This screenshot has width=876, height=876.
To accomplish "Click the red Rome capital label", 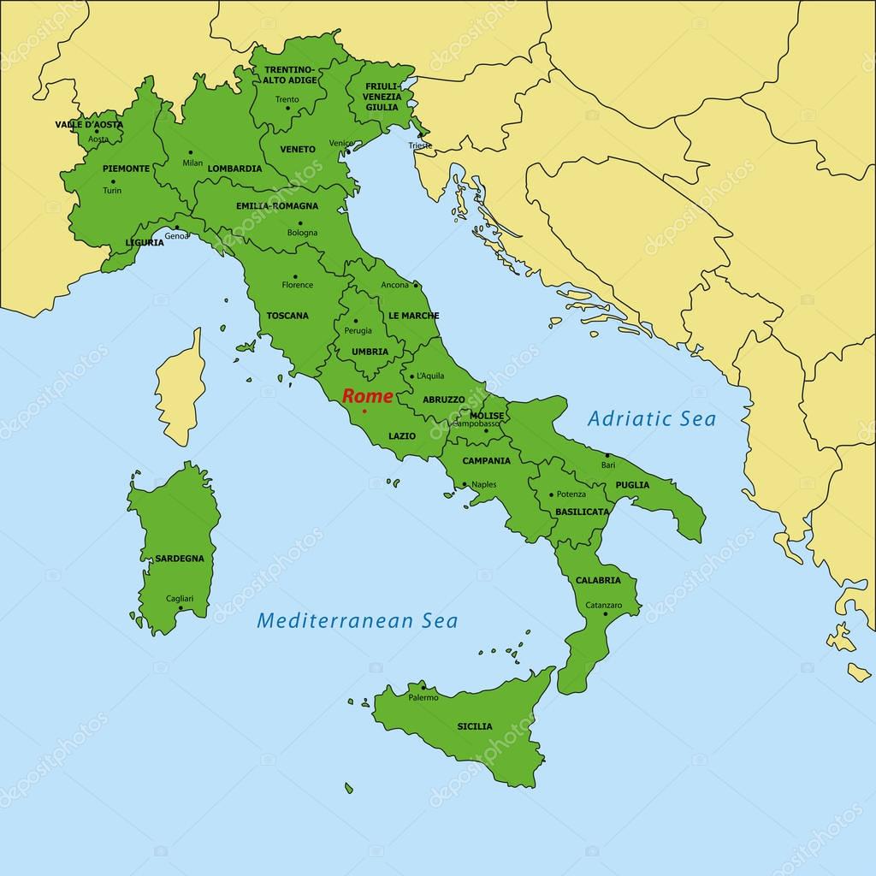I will coord(368,396).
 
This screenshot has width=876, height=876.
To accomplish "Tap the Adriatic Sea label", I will coord(652,418).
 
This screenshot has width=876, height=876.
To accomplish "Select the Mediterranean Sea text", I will coord(358,620).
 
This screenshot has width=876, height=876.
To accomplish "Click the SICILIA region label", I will coord(475,726).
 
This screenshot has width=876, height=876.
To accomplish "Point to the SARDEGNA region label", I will coord(180,559).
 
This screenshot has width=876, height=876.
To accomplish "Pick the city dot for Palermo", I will coord(423,687).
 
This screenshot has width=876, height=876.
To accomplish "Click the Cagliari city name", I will coord(180,598).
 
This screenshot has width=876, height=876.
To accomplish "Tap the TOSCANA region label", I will coord(287,316).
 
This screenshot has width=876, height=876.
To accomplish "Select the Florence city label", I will coord(298,285).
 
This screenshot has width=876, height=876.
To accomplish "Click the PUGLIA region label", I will coord(632,485).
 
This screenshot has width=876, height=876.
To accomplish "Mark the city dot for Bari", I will coord(607,455).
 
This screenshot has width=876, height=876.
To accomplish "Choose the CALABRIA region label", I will coord(598,580).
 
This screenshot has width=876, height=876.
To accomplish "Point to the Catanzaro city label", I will coord(604,605).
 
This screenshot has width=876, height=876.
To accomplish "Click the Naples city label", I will coord(483,485).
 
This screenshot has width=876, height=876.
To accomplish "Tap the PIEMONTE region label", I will coord(127,169).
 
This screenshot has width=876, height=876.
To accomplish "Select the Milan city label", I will coord(192,163).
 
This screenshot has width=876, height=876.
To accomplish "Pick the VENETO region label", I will coord(298,149).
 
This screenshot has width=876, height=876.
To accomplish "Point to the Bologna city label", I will coord(302,233).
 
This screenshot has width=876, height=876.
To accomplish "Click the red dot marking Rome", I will coord(365,411).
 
